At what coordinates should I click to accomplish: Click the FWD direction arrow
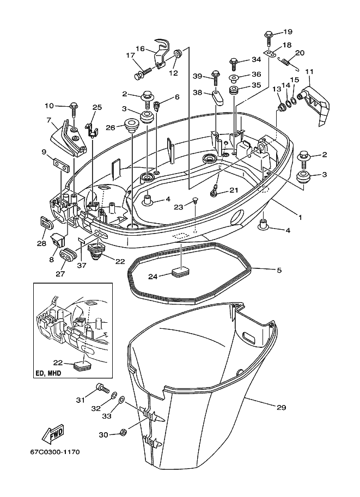(x=53, y=434)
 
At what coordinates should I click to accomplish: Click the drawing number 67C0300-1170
(x=53, y=452)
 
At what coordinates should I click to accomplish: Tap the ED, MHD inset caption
(x=48, y=373)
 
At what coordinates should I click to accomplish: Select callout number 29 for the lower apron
(x=281, y=407)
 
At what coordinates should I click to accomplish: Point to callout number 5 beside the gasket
(x=279, y=270)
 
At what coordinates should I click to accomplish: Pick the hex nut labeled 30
(x=124, y=432)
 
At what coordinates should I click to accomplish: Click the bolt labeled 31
(x=102, y=388)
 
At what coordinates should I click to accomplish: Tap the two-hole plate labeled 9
(x=60, y=165)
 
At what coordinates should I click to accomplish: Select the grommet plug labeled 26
(x=130, y=126)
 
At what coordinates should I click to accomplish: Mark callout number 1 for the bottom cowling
(x=300, y=217)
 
